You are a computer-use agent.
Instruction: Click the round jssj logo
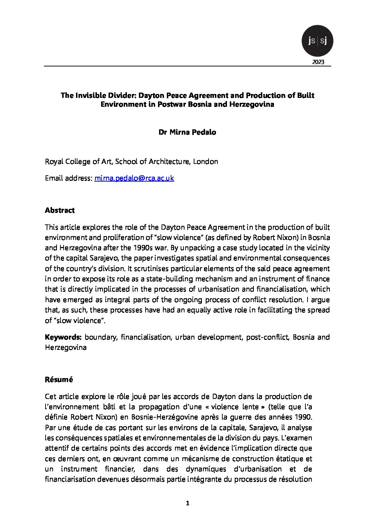(317, 41)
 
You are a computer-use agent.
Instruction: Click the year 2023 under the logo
(318, 62)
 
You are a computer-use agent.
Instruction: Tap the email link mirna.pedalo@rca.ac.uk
(134, 178)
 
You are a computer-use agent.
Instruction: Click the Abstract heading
(60, 210)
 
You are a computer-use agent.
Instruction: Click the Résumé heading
(59, 380)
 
